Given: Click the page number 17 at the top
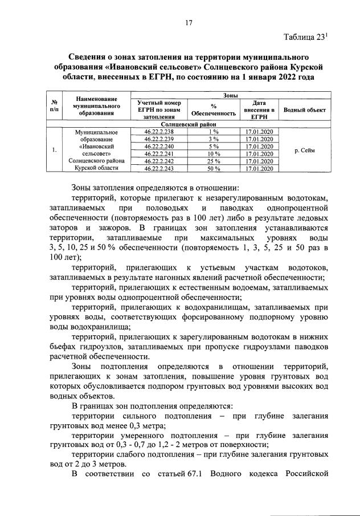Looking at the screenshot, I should point(189,23).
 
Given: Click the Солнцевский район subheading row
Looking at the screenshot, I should point(189,124).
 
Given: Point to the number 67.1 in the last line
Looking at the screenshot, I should point(200,474).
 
